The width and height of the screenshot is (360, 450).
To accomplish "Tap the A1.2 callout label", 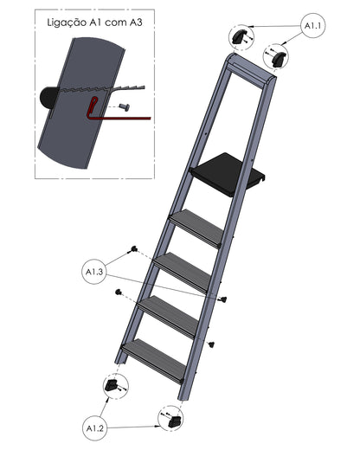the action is click(95, 428).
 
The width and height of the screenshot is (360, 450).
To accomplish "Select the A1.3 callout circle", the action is click(94, 272).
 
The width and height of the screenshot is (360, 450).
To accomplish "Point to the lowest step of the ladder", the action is click(154, 361).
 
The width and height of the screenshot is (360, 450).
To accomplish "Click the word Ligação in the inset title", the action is click(67, 22).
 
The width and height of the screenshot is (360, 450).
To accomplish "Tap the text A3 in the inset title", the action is click(136, 22).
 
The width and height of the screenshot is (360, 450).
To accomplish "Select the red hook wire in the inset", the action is click(115, 112).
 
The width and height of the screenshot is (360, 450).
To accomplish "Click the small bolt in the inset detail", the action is click(124, 107).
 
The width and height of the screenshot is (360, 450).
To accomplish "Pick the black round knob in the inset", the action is click(48, 97).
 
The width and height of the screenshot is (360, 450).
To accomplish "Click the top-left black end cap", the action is click(239, 36).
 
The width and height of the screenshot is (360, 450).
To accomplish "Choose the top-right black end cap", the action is click(279, 59).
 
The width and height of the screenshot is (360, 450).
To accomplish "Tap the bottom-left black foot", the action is click(112, 385).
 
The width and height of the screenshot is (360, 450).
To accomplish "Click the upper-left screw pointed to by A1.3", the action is click(133, 248).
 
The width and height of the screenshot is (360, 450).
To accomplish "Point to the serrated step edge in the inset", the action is click(104, 88).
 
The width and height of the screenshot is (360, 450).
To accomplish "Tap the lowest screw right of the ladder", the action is click(212, 344).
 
